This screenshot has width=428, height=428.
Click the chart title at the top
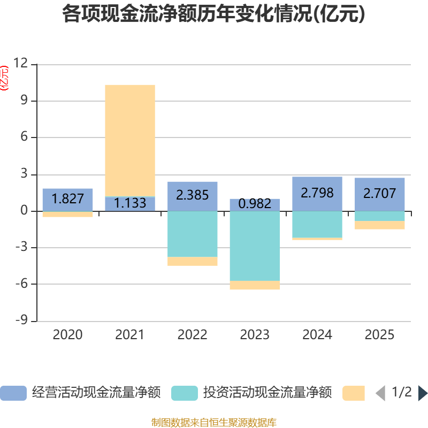[x=213, y=14]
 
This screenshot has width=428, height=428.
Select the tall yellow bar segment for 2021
[x=130, y=140]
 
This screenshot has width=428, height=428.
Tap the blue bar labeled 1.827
[x=67, y=199]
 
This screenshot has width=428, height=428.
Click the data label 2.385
[x=192, y=195]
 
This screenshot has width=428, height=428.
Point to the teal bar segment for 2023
[x=255, y=246]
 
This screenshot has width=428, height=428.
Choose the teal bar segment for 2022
[x=192, y=234]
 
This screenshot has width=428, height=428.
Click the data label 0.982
[x=255, y=204]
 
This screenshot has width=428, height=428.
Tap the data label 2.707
[x=379, y=193]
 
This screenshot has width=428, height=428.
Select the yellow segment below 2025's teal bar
[x=379, y=225]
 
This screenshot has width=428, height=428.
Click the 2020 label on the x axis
[x=67, y=335]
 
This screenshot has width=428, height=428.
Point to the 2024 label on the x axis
[x=317, y=335]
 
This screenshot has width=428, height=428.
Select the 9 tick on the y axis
[x=24, y=101]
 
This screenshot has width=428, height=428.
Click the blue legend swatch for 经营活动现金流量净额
[x=13, y=393]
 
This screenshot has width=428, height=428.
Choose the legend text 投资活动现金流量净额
[x=267, y=393]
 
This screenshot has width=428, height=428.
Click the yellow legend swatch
[x=354, y=393]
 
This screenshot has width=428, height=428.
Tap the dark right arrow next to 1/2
[x=423, y=393]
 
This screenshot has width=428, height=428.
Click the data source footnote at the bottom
[x=213, y=422]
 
